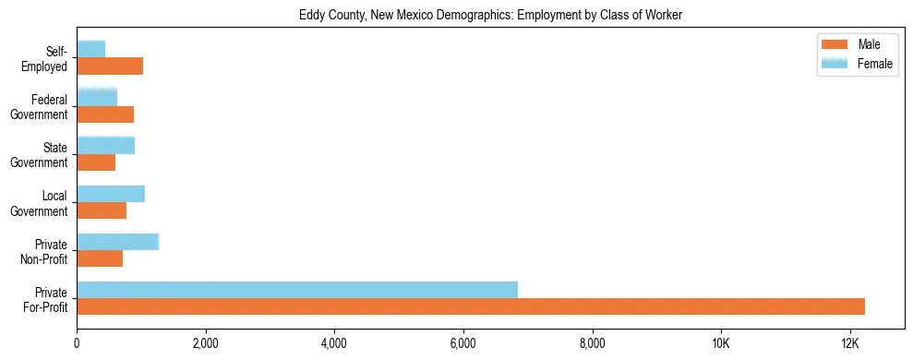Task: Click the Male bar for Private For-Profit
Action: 471,306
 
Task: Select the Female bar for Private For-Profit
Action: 297,290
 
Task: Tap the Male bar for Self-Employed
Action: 110,66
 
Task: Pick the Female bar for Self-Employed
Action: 91,49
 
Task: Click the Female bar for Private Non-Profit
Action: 118,242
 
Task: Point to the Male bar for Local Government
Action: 102,210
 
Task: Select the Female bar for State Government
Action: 106,145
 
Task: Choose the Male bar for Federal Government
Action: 105,114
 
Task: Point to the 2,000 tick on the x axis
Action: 205,343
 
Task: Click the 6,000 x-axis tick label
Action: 463,343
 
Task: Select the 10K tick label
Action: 720,343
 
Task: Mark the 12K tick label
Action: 849,343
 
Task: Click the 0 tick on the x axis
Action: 77,343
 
